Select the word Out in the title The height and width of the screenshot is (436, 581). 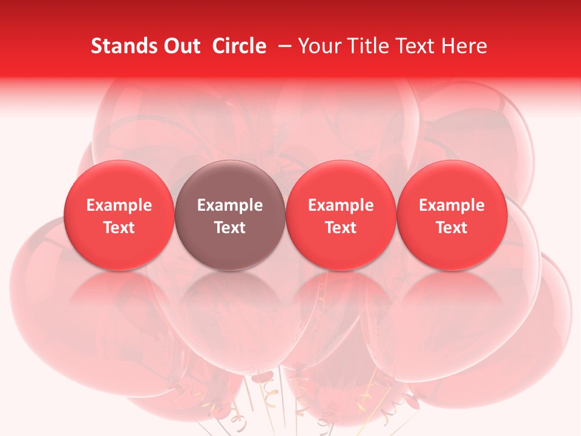pos(180,46)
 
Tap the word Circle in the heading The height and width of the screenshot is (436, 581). pos(239,46)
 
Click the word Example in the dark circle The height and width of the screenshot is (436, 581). pos(230,205)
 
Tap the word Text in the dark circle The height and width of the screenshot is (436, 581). pos(230,228)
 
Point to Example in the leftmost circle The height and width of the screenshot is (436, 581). pos(119,205)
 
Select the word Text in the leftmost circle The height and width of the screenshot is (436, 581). pos(119,228)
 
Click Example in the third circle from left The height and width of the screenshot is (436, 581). pos(341,205)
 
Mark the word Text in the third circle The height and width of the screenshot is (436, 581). pos(341,228)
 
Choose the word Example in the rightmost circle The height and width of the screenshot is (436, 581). pos(452,205)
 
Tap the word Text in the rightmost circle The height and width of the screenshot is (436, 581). pos(452,228)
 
